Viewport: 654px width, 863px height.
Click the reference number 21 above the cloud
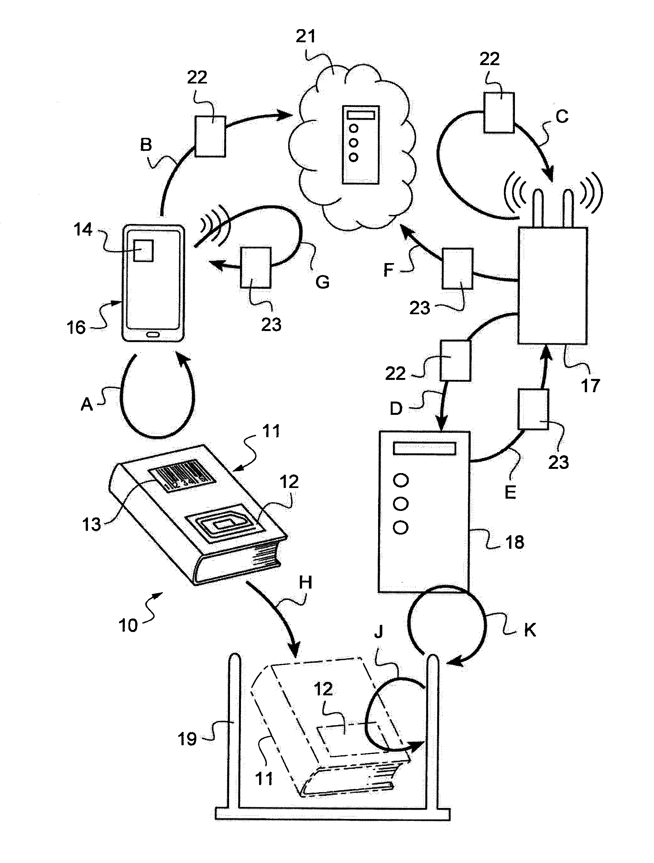[x=306, y=36]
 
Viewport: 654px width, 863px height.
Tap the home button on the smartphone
[x=153, y=334]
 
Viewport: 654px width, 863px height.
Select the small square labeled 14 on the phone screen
[x=143, y=250]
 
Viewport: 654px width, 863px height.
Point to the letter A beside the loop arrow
[x=87, y=404]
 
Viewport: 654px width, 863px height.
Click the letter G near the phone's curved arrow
[x=322, y=282]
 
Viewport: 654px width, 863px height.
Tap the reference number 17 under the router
[x=590, y=386]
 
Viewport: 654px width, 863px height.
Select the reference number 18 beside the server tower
[x=514, y=542]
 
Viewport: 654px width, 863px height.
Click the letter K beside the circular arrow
[x=529, y=630]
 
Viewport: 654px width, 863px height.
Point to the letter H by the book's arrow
[x=305, y=582]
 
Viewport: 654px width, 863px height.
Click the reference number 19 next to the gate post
[x=187, y=739]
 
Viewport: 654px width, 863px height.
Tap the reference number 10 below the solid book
[x=128, y=625]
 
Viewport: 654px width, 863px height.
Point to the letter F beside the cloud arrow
[x=388, y=270]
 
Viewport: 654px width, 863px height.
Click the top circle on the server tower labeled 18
[x=401, y=480]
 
